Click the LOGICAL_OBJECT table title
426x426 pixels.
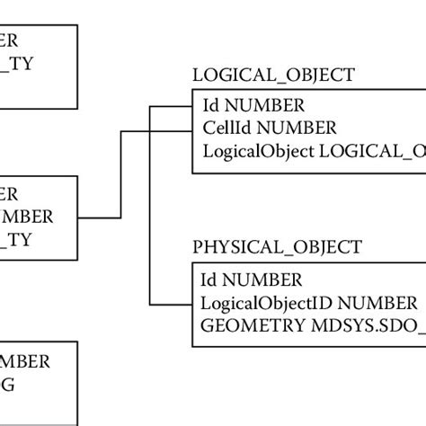[273, 75]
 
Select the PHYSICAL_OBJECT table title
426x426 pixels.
[277, 246]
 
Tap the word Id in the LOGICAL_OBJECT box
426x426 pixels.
[210, 105]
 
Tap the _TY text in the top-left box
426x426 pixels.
[17, 64]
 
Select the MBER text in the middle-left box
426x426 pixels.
[26, 216]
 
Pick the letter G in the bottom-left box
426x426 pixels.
[8, 385]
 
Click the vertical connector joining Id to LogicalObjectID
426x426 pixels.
[150, 207]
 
